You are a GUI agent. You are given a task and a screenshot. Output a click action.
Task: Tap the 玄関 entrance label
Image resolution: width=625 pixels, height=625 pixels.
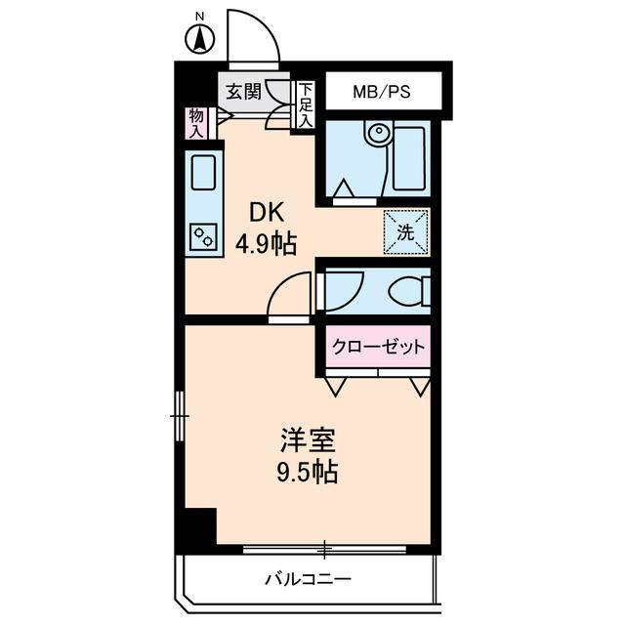click(242, 92)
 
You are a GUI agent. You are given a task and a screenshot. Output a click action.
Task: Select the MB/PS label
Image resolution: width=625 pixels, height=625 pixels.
click(382, 92)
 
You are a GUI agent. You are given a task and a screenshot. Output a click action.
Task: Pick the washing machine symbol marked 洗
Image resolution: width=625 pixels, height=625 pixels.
click(405, 232)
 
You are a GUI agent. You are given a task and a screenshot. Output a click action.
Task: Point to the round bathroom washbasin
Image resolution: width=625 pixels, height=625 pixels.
click(376, 134)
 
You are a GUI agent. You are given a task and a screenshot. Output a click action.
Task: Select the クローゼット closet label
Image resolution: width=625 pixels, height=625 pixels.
click(379, 347)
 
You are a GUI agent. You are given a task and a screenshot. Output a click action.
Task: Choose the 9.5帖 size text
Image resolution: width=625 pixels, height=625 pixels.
click(304, 474)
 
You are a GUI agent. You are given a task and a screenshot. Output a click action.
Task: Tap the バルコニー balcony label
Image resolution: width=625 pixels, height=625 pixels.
click(308, 579)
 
